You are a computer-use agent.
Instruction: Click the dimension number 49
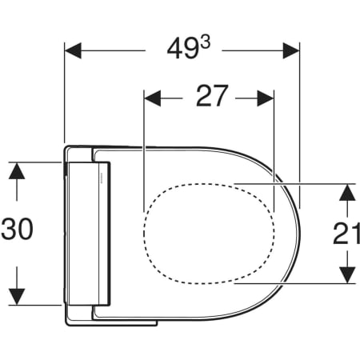coord(183,50)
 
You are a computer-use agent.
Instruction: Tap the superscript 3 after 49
coord(206,42)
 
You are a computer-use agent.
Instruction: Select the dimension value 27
coord(212,96)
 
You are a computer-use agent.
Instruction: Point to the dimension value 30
coord(18,229)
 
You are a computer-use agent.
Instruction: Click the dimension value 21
coord(346,234)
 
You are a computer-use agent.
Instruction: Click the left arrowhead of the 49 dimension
coord(73,50)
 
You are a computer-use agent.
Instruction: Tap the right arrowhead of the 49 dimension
coord(291,50)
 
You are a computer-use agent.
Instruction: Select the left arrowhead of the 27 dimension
coord(152,98)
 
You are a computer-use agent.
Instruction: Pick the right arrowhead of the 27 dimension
coord(266,98)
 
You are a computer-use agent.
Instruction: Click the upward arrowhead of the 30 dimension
coord(17,170)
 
